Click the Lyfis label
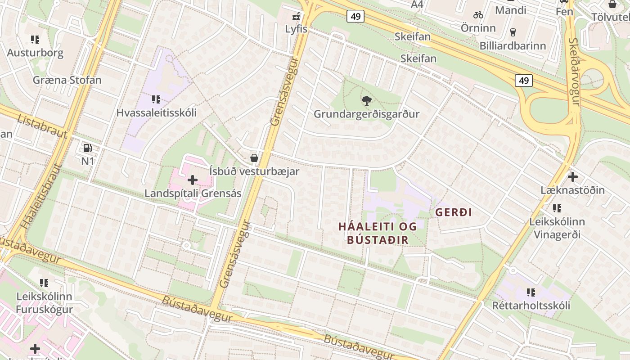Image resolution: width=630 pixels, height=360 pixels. pyautogui.click(x=296, y=29)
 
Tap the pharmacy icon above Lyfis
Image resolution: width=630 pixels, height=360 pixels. pyautogui.click(x=296, y=17)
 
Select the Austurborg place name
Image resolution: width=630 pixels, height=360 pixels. pyautogui.click(x=35, y=53)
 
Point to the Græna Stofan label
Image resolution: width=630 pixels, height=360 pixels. pyautogui.click(x=67, y=80)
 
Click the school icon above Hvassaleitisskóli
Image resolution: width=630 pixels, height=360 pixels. pyautogui.click(x=156, y=99)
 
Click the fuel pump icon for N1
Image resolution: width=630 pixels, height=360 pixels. pyautogui.click(x=87, y=148)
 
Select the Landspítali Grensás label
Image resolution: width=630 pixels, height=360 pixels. pyautogui.click(x=193, y=193)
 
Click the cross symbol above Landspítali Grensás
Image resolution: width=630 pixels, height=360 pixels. pyautogui.click(x=193, y=180)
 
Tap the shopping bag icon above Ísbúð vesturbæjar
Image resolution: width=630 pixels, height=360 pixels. pyautogui.click(x=254, y=158)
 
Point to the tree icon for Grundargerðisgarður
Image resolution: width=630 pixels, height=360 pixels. pyautogui.click(x=366, y=101)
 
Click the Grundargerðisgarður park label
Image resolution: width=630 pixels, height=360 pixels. pyautogui.click(x=366, y=114)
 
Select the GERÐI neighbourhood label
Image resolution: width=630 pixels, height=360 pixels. pyautogui.click(x=454, y=212)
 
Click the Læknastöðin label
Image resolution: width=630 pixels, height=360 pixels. pyautogui.click(x=572, y=190)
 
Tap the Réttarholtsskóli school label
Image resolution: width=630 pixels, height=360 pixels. pyautogui.click(x=531, y=306)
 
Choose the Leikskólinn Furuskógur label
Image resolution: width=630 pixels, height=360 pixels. pyautogui.click(x=44, y=303)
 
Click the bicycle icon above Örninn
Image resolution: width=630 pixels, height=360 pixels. pyautogui.click(x=478, y=15)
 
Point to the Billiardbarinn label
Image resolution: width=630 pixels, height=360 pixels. pyautogui.click(x=513, y=45)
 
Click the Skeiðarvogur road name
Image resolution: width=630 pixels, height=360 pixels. pyautogui.click(x=575, y=72)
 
